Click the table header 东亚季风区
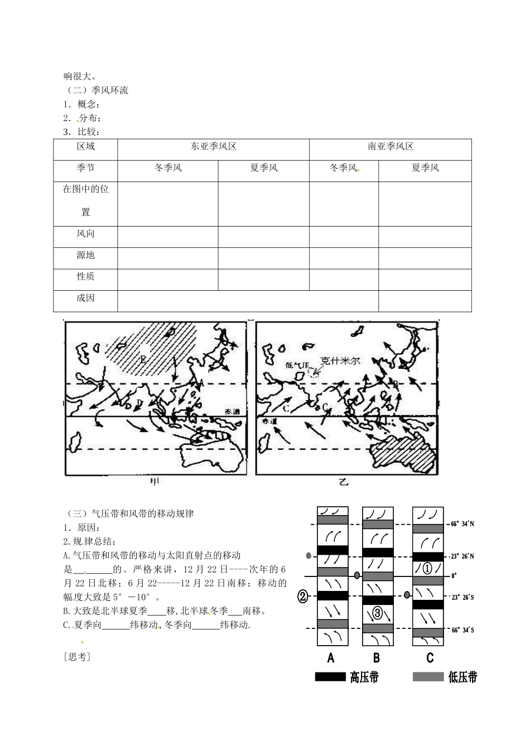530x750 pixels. click(214, 147)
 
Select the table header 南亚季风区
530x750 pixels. click(391, 147)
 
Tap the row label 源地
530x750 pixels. click(85, 255)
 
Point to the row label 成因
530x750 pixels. click(85, 298)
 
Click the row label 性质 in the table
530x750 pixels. click(85, 276)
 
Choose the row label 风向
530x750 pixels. click(85, 234)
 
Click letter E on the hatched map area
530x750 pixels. click(143, 360)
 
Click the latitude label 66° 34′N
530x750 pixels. click(462, 524)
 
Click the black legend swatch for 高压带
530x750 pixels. click(331, 677)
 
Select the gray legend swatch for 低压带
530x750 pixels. click(428, 677)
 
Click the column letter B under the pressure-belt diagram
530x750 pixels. click(377, 658)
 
